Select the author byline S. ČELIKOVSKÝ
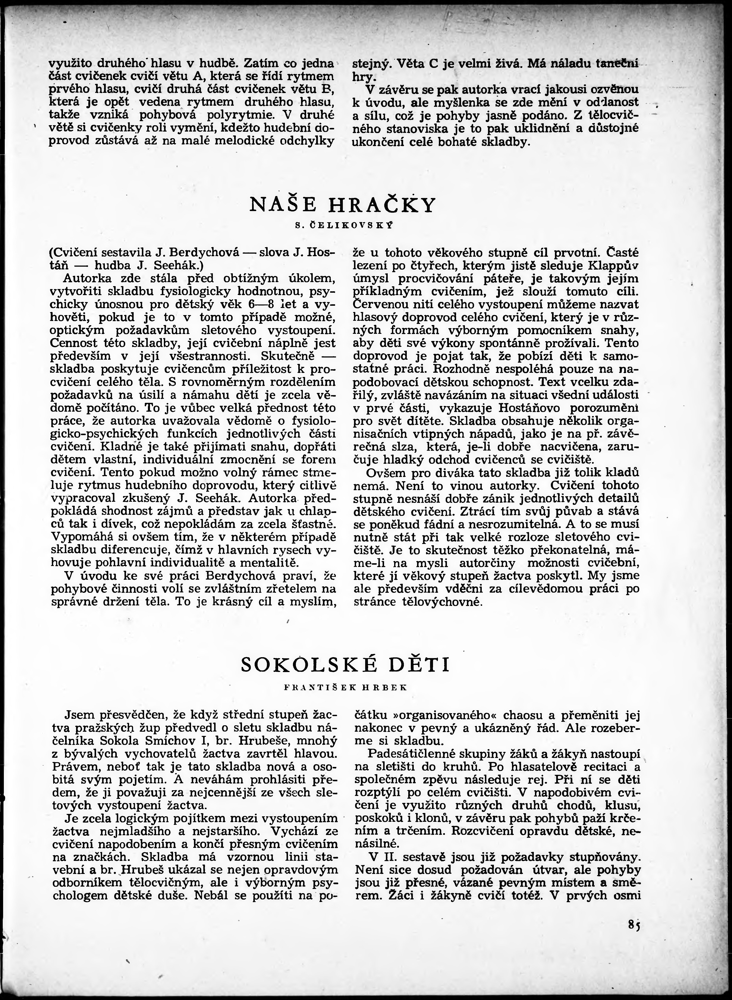344,225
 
